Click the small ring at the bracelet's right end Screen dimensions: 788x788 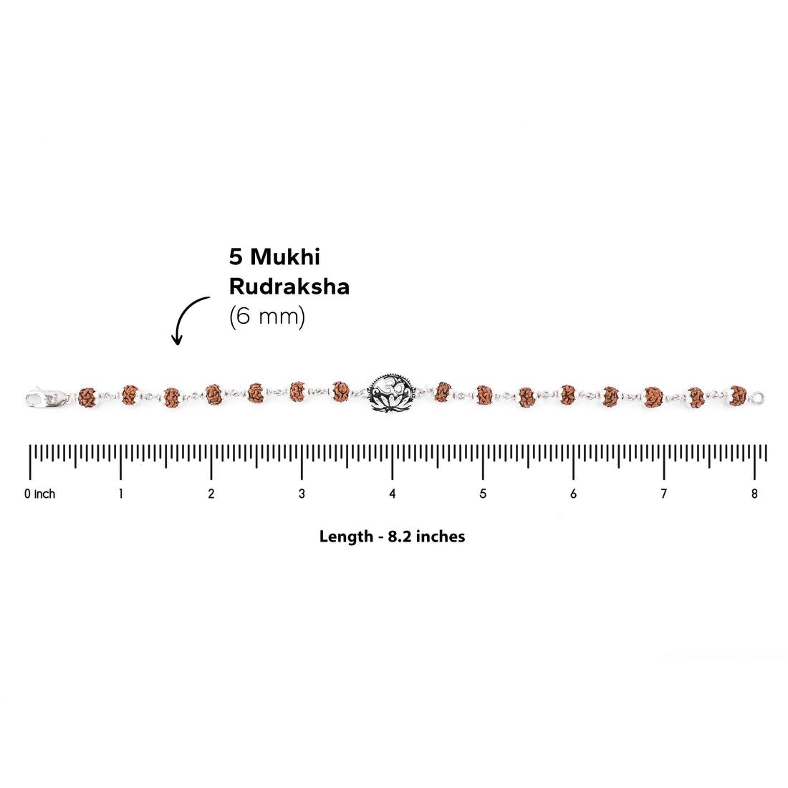tap(759, 398)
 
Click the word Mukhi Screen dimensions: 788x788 tap(285, 256)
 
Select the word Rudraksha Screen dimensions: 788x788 tap(289, 287)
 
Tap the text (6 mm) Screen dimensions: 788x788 tap(267, 317)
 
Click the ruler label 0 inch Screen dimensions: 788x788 tap(39, 494)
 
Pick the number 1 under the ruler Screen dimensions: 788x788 tap(120, 494)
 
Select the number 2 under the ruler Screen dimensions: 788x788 tap(211, 494)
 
